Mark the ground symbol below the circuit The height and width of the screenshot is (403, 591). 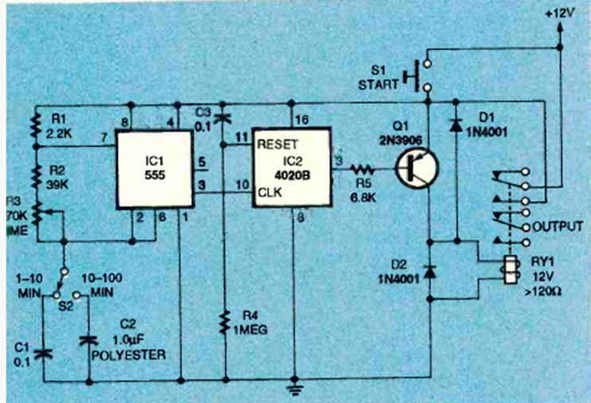296,388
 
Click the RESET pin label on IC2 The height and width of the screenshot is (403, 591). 276,146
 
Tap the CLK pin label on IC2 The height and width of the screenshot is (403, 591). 268,193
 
